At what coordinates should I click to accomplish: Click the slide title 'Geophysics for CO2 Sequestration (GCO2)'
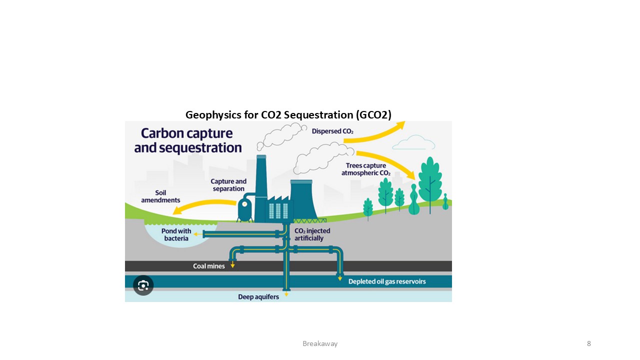click(x=288, y=115)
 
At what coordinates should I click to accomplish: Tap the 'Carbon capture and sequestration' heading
click(x=187, y=140)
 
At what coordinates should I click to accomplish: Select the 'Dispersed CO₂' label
click(x=332, y=131)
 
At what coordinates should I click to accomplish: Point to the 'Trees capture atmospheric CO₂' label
click(x=365, y=169)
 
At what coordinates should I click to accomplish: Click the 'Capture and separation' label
click(x=228, y=185)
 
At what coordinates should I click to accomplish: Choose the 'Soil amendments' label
click(x=160, y=196)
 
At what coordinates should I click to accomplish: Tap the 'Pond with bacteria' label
click(x=176, y=234)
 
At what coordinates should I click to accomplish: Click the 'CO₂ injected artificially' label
click(x=312, y=234)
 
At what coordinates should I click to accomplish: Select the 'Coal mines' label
click(x=209, y=266)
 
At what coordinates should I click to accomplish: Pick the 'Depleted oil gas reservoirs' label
click(x=387, y=281)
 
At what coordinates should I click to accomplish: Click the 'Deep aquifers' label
click(x=258, y=297)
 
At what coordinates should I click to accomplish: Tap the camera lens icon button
click(x=143, y=285)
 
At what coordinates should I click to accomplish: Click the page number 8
click(x=589, y=343)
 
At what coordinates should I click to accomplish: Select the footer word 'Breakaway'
click(x=320, y=343)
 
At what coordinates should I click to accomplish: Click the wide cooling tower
click(x=303, y=200)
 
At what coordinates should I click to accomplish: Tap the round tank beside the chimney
click(x=245, y=209)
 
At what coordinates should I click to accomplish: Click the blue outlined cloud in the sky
click(x=413, y=143)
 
